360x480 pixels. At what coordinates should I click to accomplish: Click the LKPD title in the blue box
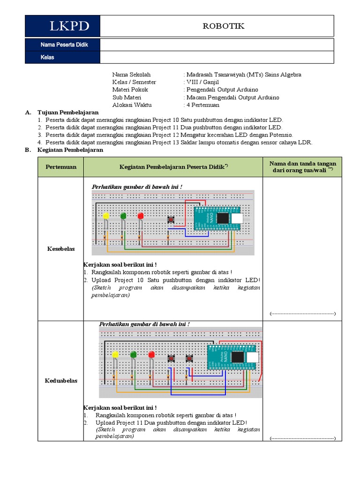[x=69, y=26]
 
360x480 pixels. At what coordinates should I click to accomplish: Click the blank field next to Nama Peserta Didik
[x=217, y=45]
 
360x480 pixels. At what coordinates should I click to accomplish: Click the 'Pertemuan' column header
[x=60, y=167]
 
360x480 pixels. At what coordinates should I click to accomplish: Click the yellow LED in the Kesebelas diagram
[x=106, y=216]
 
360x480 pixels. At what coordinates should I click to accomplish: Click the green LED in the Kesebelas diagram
[x=123, y=216]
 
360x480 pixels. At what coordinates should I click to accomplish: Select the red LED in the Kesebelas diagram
[x=140, y=216]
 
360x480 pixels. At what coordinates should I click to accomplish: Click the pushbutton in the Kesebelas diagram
[x=171, y=219]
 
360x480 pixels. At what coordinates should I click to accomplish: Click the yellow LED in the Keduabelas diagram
[x=115, y=355]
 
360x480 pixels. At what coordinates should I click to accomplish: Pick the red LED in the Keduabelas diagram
[x=151, y=355]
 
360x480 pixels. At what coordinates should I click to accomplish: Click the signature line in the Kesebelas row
[x=303, y=313]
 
